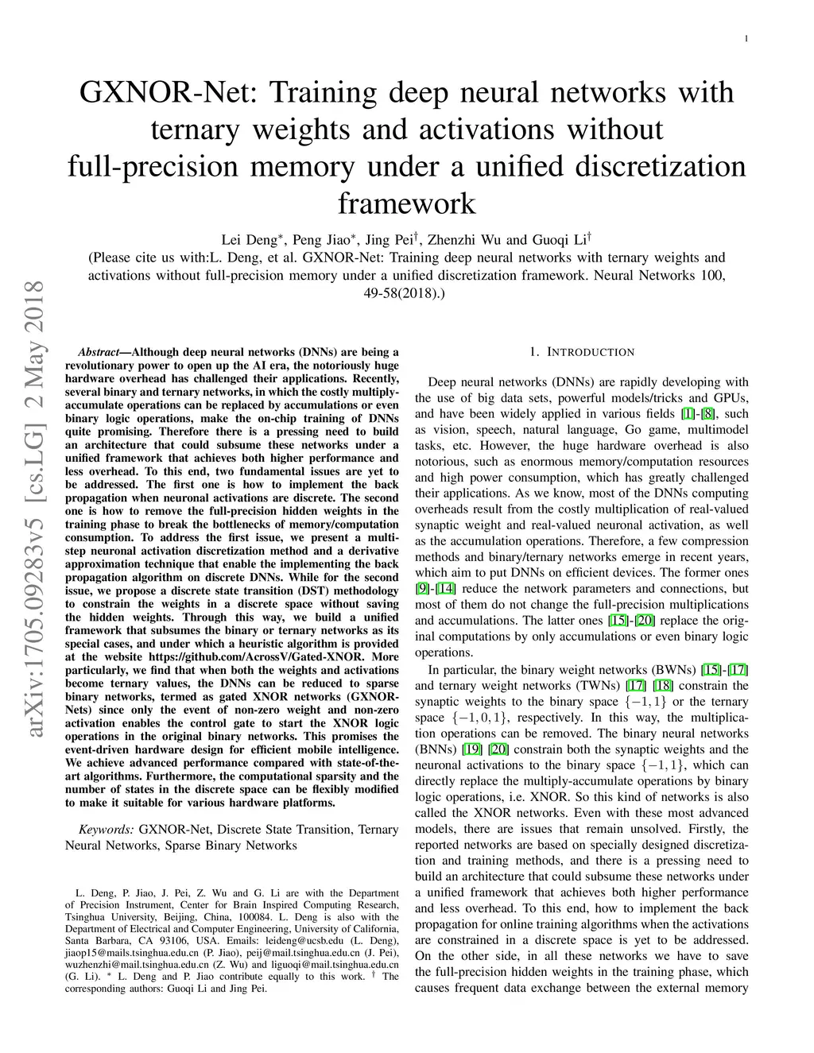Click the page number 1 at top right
pyautogui.click(x=746, y=38)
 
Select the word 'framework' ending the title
pyautogui.click(x=406, y=203)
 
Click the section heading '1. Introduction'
pyautogui.click(x=582, y=352)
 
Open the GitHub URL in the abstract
pyautogui.click(x=256, y=657)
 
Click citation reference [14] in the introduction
pyautogui.click(x=446, y=589)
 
